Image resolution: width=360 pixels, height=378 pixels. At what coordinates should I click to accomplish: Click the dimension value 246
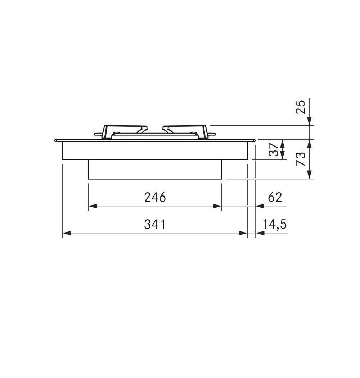tap(155, 197)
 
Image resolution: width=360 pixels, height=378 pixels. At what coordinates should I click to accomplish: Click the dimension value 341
tap(155, 225)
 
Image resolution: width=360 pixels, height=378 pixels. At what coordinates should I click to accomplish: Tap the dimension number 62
tap(275, 197)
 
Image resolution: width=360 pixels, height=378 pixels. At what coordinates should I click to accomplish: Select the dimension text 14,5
tap(275, 225)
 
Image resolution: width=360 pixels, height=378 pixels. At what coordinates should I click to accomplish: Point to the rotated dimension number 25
tap(301, 107)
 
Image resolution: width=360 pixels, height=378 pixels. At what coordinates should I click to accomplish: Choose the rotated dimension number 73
tap(301, 159)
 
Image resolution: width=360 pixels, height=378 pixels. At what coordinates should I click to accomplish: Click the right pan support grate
tap(186, 131)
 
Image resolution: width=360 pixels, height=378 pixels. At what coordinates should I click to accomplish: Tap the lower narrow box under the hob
tap(155, 169)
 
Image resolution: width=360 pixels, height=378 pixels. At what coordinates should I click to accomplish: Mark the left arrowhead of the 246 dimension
tap(92, 206)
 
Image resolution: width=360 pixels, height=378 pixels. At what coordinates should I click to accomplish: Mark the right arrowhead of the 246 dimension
tap(217, 206)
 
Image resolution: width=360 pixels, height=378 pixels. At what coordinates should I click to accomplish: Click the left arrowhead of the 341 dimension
tap(67, 233)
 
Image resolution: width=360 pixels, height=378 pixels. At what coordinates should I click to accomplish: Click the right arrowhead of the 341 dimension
tap(244, 233)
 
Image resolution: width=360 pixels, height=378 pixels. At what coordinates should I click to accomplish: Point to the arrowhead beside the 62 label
tap(259, 206)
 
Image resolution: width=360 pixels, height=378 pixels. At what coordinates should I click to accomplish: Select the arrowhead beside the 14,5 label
tap(259, 233)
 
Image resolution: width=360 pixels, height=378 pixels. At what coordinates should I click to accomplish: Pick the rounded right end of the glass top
tap(255, 140)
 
